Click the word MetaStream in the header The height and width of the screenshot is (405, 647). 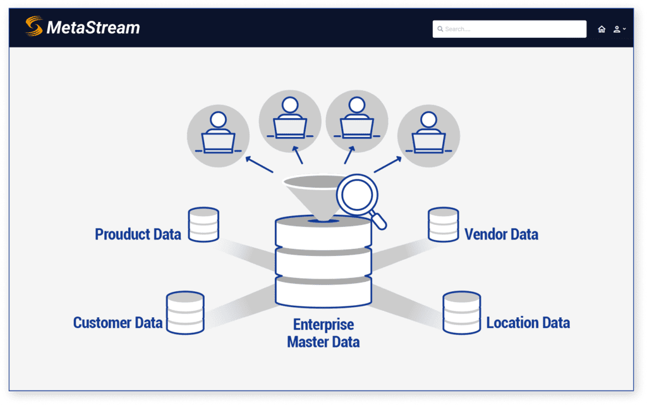[x=93, y=28]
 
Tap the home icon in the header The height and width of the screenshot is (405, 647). [x=602, y=29]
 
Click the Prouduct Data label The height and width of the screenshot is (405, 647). [x=138, y=234]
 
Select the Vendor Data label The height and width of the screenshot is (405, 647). [x=501, y=234]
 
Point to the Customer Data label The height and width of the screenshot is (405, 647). [x=118, y=323]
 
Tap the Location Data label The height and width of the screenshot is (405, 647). [x=528, y=323]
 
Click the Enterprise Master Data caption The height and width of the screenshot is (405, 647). [x=323, y=334]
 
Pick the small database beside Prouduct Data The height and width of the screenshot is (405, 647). [x=203, y=224]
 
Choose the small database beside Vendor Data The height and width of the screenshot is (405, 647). [x=443, y=224]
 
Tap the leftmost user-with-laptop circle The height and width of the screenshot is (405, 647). [x=218, y=135]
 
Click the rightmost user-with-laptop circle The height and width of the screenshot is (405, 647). [x=428, y=135]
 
